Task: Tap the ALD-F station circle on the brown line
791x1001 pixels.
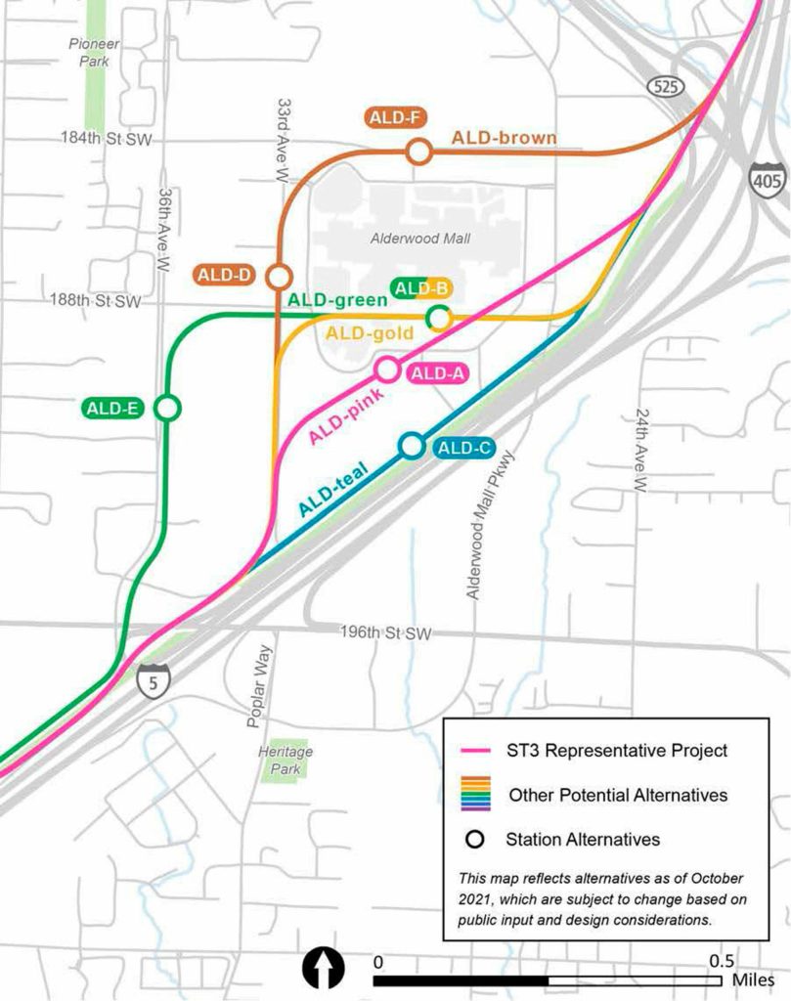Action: (418, 152)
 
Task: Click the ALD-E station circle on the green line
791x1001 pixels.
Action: (168, 408)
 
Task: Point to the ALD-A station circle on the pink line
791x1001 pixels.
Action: (387, 370)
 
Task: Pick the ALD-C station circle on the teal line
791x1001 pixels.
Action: (412, 446)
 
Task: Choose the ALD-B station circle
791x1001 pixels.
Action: (439, 317)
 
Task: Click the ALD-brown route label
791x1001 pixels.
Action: (504, 139)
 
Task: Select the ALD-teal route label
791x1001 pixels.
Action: (334, 491)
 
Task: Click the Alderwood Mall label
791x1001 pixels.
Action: (420, 239)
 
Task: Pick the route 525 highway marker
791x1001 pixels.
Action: (663, 88)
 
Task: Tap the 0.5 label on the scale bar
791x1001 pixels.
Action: (722, 960)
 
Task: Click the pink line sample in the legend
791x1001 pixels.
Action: (473, 751)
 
